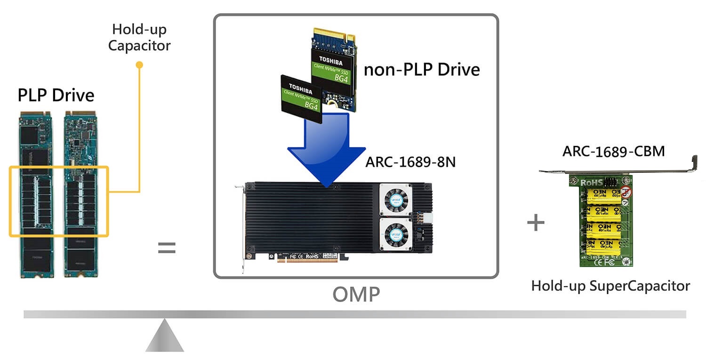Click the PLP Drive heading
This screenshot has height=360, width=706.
(56, 96)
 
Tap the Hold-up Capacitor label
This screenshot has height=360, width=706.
(139, 38)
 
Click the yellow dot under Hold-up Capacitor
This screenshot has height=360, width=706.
(139, 64)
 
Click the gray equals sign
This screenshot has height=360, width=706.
(166, 248)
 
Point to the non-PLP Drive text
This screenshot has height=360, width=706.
(422, 70)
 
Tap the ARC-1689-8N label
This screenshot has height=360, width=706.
(410, 162)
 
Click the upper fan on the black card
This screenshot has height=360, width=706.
(396, 200)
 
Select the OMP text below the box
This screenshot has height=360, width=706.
(356, 295)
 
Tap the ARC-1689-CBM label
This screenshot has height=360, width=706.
(613, 152)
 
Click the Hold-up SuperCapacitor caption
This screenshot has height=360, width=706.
(610, 286)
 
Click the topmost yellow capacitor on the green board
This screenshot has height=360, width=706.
(605, 194)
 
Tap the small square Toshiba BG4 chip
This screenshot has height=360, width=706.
(301, 99)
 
